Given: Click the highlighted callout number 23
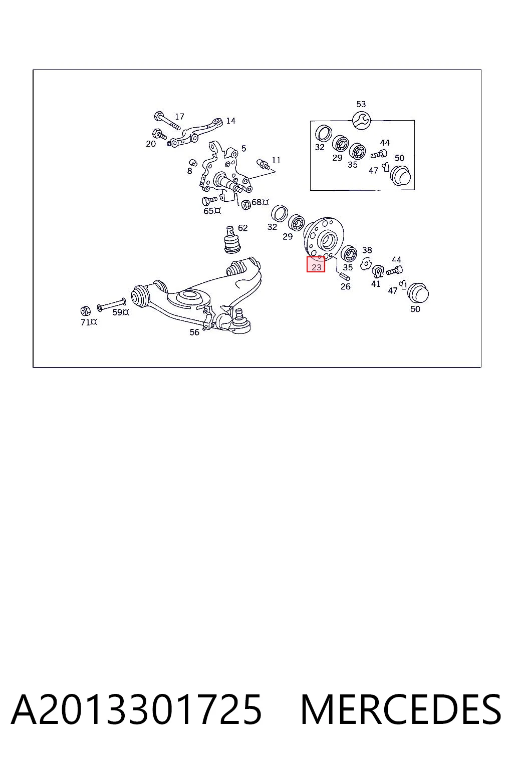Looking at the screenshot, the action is (316, 267).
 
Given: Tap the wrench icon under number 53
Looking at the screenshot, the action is (361, 120).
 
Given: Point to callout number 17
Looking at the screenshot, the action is (180, 117).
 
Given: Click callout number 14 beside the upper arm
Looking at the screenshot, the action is (230, 121).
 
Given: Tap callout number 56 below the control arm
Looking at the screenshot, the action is (194, 332).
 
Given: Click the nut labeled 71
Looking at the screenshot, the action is (86, 311).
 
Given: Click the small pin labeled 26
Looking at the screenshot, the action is (344, 275).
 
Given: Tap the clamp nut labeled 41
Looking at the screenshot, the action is (378, 271).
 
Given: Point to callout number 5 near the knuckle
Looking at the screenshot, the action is (243, 148).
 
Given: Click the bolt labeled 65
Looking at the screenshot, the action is (208, 200).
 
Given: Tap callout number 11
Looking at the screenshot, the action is (276, 160).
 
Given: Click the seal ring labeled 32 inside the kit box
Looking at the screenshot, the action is (324, 134).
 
